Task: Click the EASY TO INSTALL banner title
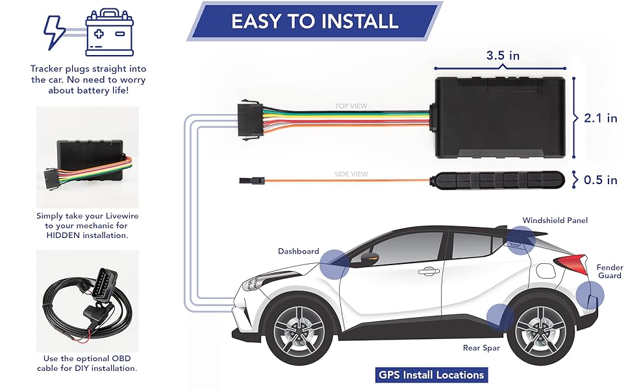314,21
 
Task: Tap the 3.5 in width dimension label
503,55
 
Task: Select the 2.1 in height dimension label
601,118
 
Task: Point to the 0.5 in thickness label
601,180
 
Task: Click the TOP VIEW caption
351,105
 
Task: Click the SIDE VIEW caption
351,174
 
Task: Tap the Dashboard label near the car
298,251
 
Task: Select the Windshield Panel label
555,220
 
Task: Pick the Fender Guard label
610,272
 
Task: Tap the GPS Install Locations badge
431,375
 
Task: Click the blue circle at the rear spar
501,317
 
